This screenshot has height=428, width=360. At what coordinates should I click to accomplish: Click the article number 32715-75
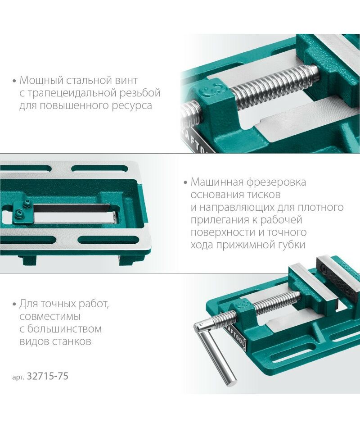click(48, 376)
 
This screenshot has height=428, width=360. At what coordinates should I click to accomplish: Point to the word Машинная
click(217, 182)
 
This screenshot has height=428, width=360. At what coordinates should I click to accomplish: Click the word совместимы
click(50, 317)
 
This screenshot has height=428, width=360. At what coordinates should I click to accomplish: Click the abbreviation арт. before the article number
click(18, 377)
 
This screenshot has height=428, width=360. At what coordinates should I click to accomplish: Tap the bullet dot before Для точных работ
click(14, 305)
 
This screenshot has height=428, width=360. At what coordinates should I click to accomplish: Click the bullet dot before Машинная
click(186, 182)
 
